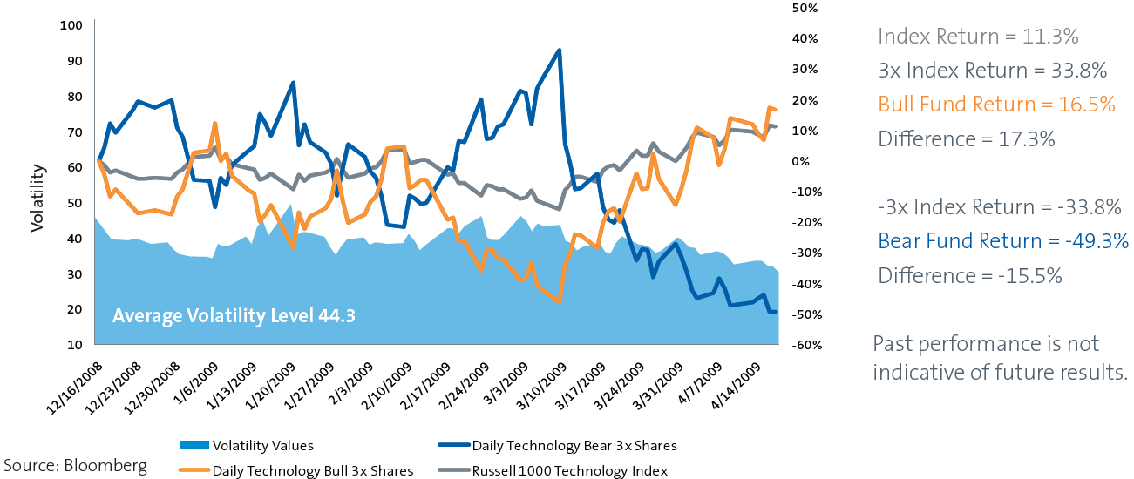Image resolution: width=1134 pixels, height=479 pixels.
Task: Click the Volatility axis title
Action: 37,201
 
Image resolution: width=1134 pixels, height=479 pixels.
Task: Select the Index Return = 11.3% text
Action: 978,37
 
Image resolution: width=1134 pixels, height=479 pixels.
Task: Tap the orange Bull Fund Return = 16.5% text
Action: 996,105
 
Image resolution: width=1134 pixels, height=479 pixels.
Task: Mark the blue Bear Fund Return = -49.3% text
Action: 1003,241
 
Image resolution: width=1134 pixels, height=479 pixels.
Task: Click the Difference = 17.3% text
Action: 967,138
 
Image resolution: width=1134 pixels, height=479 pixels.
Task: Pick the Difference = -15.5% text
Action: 970,276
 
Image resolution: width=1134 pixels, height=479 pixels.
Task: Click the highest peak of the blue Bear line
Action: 559,51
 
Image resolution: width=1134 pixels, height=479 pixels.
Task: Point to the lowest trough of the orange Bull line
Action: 559,301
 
